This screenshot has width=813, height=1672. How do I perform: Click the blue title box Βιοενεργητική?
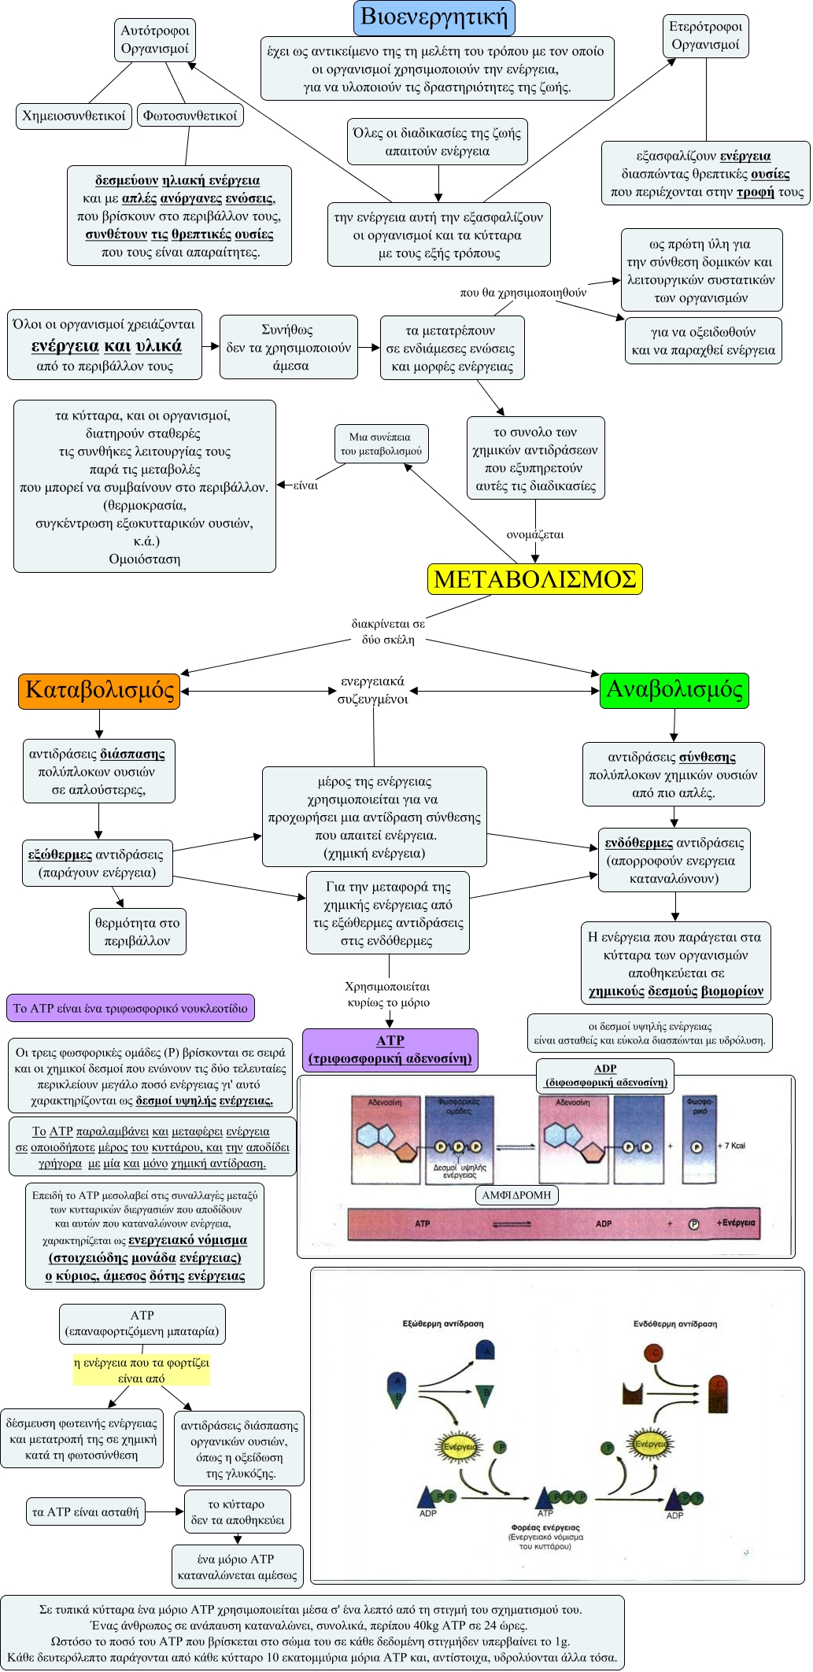[x=434, y=17]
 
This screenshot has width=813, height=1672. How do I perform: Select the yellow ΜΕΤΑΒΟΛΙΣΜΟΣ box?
[x=534, y=579]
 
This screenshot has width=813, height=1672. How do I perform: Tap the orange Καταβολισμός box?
[x=99, y=690]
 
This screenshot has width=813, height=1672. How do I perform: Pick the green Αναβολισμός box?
[x=674, y=690]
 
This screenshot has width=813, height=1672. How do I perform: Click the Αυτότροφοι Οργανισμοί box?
[x=154, y=40]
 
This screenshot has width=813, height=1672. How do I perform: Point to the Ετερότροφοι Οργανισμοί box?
[x=705, y=36]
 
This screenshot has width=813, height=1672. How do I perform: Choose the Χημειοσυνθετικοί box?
[x=73, y=116]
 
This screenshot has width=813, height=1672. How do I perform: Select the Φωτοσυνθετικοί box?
[x=190, y=116]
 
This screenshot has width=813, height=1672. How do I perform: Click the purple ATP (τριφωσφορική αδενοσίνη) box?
[x=390, y=1050]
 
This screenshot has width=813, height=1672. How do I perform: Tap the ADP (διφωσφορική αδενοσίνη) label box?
[x=605, y=1076]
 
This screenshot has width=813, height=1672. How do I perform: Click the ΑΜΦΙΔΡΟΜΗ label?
[x=516, y=1195]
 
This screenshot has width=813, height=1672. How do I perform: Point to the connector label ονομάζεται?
[x=535, y=535]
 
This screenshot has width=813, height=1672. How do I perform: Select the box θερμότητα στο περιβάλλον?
[x=137, y=932]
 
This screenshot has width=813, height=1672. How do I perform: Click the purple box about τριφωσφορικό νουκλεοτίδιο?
[x=130, y=1009]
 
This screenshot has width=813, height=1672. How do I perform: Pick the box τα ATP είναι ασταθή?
[x=85, y=1511]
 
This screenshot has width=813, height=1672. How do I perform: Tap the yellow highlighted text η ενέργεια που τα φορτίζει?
[x=142, y=1370]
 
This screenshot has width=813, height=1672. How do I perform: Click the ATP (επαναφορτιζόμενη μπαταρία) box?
[x=142, y=1323]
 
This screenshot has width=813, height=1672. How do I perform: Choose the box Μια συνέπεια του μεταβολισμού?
[x=381, y=444]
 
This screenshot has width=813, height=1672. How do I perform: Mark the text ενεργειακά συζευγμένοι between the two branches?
[x=372, y=690]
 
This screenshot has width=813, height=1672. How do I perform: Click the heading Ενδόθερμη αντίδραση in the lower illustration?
[x=674, y=1324]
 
